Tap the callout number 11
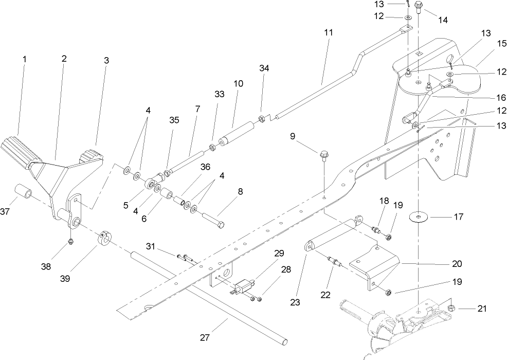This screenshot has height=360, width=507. (329, 32)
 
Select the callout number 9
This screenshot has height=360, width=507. (293, 136)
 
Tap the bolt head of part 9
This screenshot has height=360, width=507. (323, 154)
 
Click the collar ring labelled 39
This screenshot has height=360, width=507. (104, 240)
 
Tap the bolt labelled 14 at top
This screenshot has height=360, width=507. (418, 8)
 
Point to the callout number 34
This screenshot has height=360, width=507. (264, 68)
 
